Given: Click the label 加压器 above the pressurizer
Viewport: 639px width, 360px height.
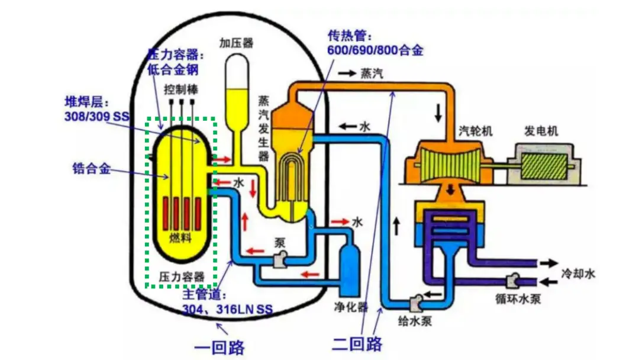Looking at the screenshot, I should tap(236, 43).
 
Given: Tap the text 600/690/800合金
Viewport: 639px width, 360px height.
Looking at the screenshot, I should tap(375, 50).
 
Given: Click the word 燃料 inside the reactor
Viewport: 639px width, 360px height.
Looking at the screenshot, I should tap(181, 238).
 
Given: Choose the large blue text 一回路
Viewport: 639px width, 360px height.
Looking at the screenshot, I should tap(220, 346).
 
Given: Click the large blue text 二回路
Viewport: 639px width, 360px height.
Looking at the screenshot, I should tap(357, 343).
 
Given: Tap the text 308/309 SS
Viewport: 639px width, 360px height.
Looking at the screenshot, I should tap(96, 116).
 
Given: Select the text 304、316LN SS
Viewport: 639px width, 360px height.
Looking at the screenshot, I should tap(228, 308).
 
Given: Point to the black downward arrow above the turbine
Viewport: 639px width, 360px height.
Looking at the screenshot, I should tap(438, 113).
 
